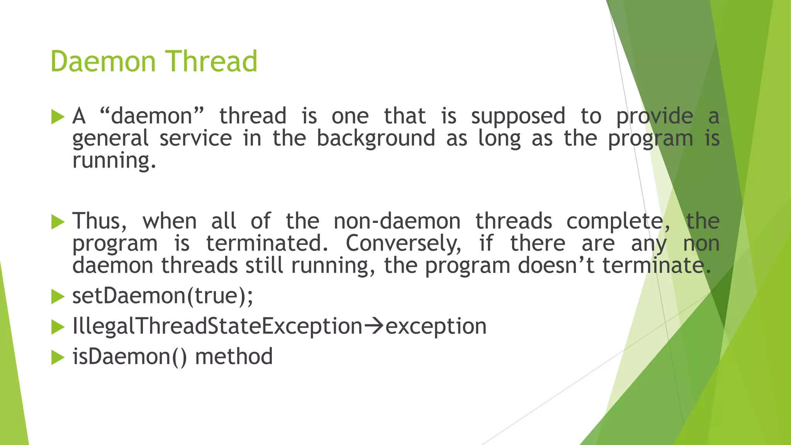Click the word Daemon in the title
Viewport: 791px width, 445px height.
click(x=103, y=61)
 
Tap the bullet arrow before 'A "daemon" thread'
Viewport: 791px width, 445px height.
click(x=58, y=117)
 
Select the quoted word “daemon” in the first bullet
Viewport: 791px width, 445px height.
click(x=151, y=116)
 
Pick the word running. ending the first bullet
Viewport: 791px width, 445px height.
click(x=114, y=161)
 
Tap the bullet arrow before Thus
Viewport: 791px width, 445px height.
click(x=58, y=222)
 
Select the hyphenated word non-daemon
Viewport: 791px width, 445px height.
click(x=397, y=221)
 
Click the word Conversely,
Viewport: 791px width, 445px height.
click(x=403, y=244)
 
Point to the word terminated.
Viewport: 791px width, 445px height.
click(x=267, y=243)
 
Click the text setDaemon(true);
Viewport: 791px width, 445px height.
click(x=163, y=296)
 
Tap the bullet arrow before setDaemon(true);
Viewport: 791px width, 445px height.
click(x=58, y=297)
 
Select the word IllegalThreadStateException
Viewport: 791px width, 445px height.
click(x=217, y=326)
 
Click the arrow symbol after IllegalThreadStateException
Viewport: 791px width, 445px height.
click(x=373, y=326)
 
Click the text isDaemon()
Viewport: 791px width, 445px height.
click(x=129, y=357)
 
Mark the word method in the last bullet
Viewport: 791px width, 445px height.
click(x=234, y=357)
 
